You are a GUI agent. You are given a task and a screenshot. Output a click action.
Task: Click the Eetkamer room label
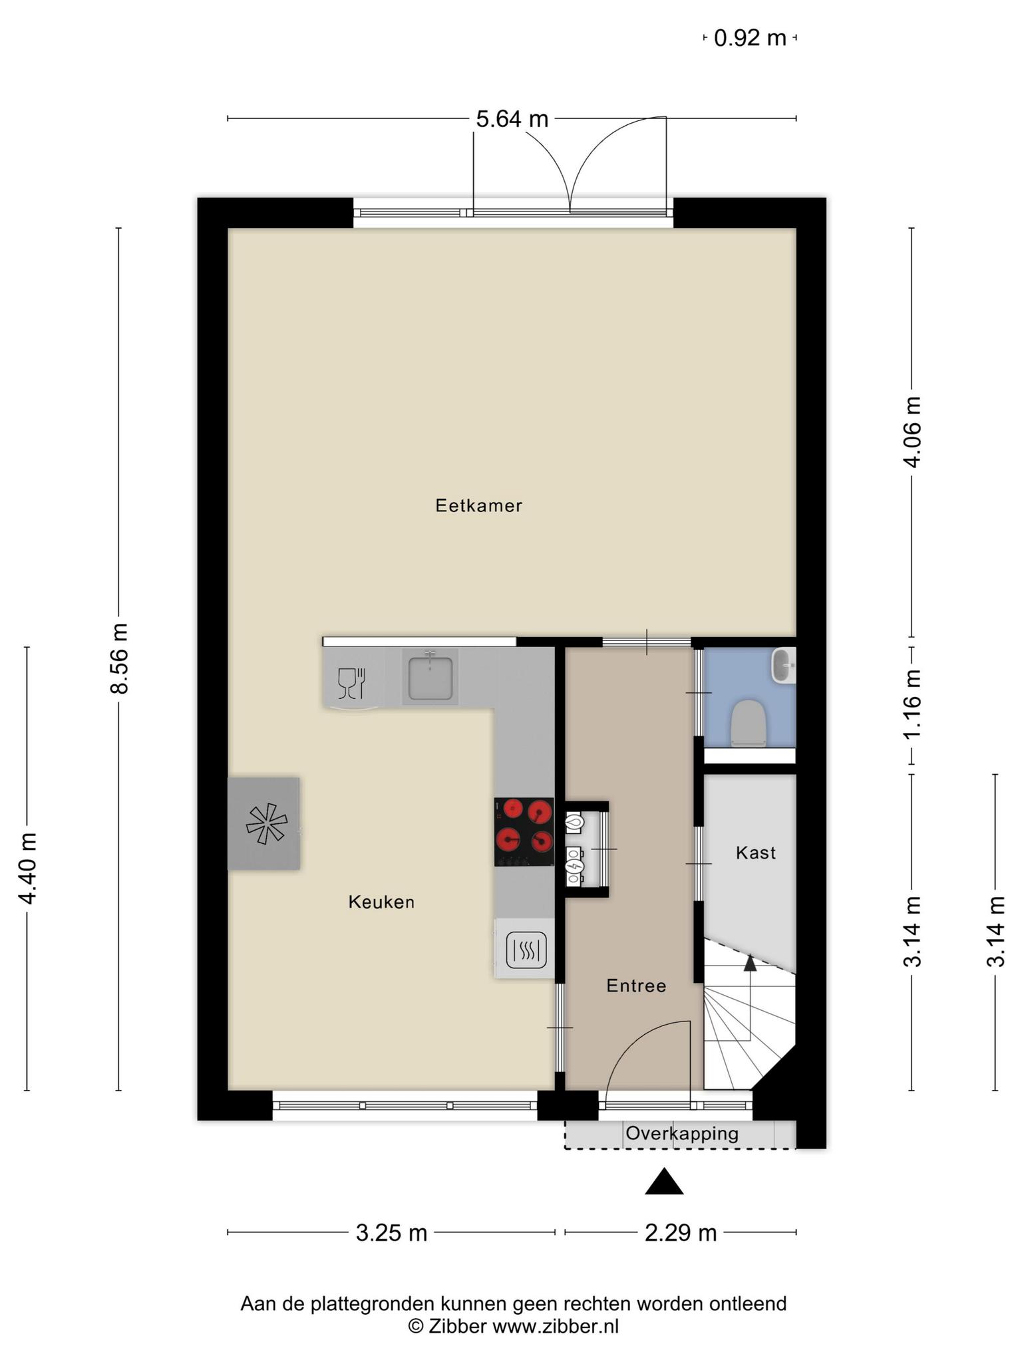[x=478, y=506]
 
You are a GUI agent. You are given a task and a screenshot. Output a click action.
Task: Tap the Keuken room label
[x=381, y=902]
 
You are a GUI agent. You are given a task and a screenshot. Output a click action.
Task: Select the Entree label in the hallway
[x=636, y=986]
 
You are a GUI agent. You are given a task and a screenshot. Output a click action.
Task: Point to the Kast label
[x=756, y=853]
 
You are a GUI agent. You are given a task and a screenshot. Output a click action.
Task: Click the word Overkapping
[x=682, y=1133]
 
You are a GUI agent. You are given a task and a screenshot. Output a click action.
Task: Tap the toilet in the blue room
[x=749, y=723]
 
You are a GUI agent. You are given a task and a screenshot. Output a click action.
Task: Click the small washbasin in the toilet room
[x=783, y=665]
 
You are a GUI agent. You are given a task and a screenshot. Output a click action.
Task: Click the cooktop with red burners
[x=524, y=832]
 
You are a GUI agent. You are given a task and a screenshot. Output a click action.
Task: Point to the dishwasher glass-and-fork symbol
[x=352, y=684]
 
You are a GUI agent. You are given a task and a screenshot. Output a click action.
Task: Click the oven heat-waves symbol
[x=526, y=950]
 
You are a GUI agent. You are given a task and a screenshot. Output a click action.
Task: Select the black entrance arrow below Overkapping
[x=664, y=1182]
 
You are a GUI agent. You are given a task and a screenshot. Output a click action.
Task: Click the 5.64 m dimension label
[x=512, y=119]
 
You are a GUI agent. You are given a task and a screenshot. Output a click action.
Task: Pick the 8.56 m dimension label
[x=119, y=658]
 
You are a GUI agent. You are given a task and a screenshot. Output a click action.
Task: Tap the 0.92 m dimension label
[x=750, y=38]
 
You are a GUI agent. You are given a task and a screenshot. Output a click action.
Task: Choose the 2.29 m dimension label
[x=681, y=1233]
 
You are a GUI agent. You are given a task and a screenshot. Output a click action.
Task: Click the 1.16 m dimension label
[x=912, y=703]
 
